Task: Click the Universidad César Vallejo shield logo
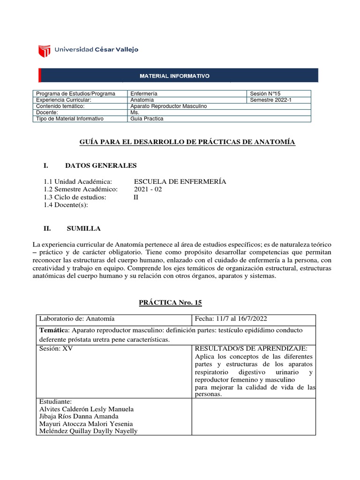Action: coord(44,50)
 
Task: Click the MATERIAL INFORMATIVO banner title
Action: coord(175,75)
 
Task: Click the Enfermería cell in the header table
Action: coord(144,94)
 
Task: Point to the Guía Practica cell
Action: coord(147,119)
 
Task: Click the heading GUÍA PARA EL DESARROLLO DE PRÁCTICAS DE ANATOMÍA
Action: coord(187,142)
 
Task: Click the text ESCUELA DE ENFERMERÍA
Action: coord(180,181)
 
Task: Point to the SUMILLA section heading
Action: coord(83,228)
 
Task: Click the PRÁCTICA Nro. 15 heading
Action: coord(170,302)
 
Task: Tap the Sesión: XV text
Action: coord(56,349)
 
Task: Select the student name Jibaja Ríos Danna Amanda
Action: coord(79,416)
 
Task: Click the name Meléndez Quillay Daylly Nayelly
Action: coord(89,431)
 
